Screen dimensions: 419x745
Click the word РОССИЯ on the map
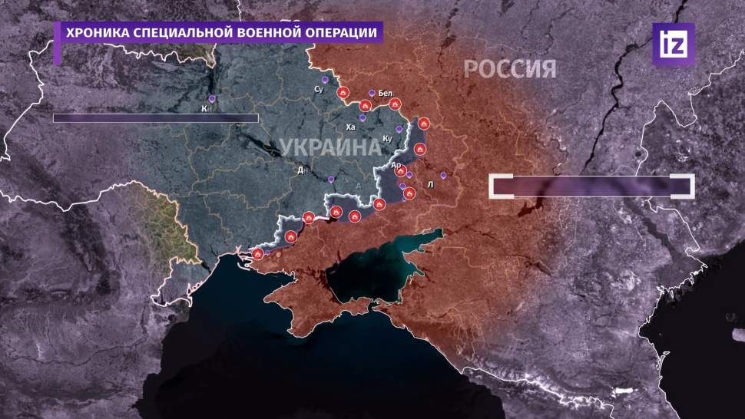[x=509, y=70]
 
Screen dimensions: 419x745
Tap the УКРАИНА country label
[x=329, y=147]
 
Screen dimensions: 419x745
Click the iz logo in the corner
[x=674, y=44]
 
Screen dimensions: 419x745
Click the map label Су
[x=320, y=91]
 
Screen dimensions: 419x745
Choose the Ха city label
[x=351, y=127]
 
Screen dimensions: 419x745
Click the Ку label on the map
[x=387, y=139]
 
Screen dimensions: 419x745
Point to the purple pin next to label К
[x=213, y=99]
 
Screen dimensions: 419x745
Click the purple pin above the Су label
[x=325, y=79]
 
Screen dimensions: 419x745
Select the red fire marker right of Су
[x=343, y=93]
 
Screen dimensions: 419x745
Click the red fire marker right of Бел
[x=395, y=103]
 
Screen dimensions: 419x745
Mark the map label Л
[x=431, y=184]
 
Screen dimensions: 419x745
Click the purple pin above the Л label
[x=443, y=174]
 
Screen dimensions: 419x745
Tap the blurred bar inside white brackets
[x=592, y=186]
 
